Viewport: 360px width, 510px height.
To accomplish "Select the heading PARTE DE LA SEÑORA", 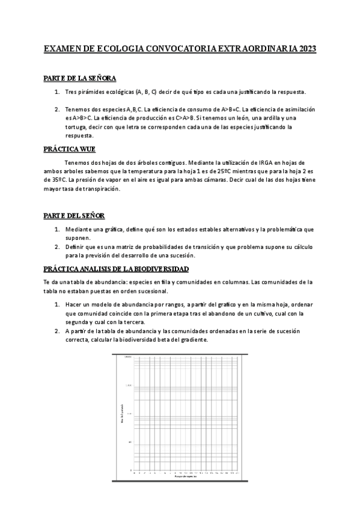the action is [x=80, y=79].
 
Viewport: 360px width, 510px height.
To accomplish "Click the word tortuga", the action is [x=78, y=127].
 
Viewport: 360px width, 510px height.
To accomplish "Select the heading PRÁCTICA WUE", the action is [x=70, y=149].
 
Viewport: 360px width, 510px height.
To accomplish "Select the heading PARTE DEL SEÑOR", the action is [x=75, y=215].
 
